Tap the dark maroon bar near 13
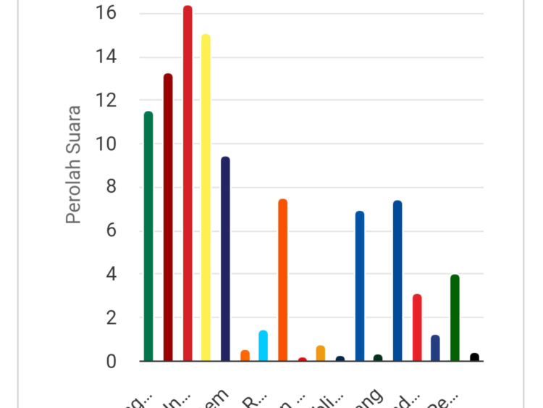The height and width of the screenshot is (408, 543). coord(168,217)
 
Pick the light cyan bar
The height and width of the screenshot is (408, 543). coord(264,346)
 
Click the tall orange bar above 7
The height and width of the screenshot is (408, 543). coord(283,280)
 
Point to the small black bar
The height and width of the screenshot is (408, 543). coord(474,357)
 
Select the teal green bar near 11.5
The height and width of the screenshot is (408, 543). coord(148,236)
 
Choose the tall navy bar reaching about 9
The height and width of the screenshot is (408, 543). coord(225,259)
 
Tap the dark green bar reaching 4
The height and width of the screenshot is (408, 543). coord(455,317)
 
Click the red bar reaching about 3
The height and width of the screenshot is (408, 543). coord(417,328)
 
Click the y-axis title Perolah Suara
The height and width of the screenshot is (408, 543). coord(73,165)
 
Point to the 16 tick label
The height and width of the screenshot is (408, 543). coord(106,14)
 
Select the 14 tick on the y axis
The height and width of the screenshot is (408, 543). coord(106,57)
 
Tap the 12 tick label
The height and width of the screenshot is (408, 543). coord(106,101)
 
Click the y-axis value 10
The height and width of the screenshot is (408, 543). coord(106,144)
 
